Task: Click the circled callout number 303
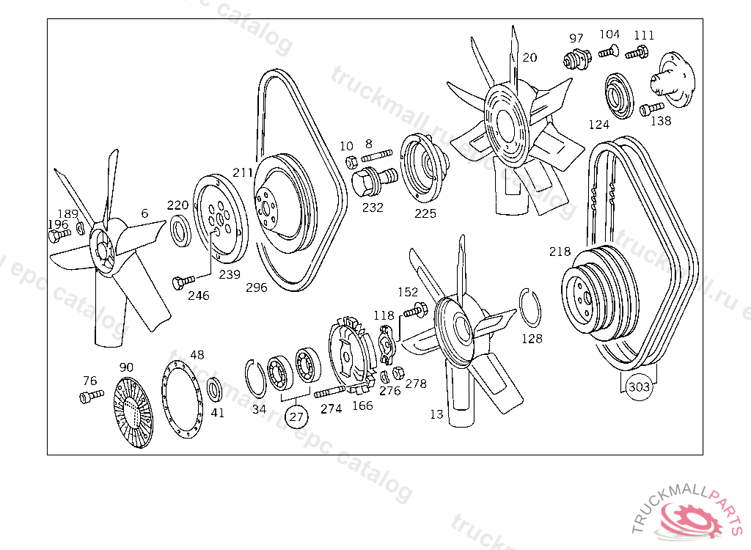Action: [x=640, y=387]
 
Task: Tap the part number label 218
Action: [x=560, y=252]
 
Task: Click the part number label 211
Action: [x=243, y=173]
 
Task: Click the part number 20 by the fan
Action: [x=530, y=57]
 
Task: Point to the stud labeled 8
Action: [x=376, y=156]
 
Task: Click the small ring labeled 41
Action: [x=215, y=389]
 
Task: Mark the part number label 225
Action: [x=425, y=213]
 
